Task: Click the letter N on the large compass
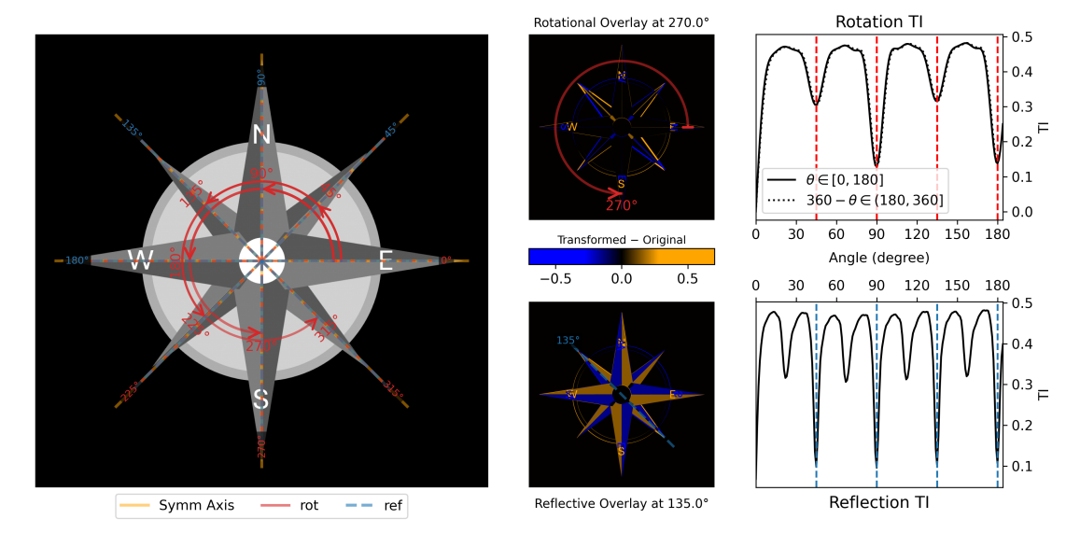coord(261,134)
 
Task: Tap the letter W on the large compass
coord(140,261)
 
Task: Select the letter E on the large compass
coord(386,261)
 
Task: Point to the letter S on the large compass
coord(261,399)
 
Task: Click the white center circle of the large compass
coord(261,260)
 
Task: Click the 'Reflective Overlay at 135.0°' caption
coord(621,503)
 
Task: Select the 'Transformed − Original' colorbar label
coord(621,240)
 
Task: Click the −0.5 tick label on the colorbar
coord(558,278)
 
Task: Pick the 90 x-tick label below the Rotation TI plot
coord(877,232)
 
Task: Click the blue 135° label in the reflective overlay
coord(568,340)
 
